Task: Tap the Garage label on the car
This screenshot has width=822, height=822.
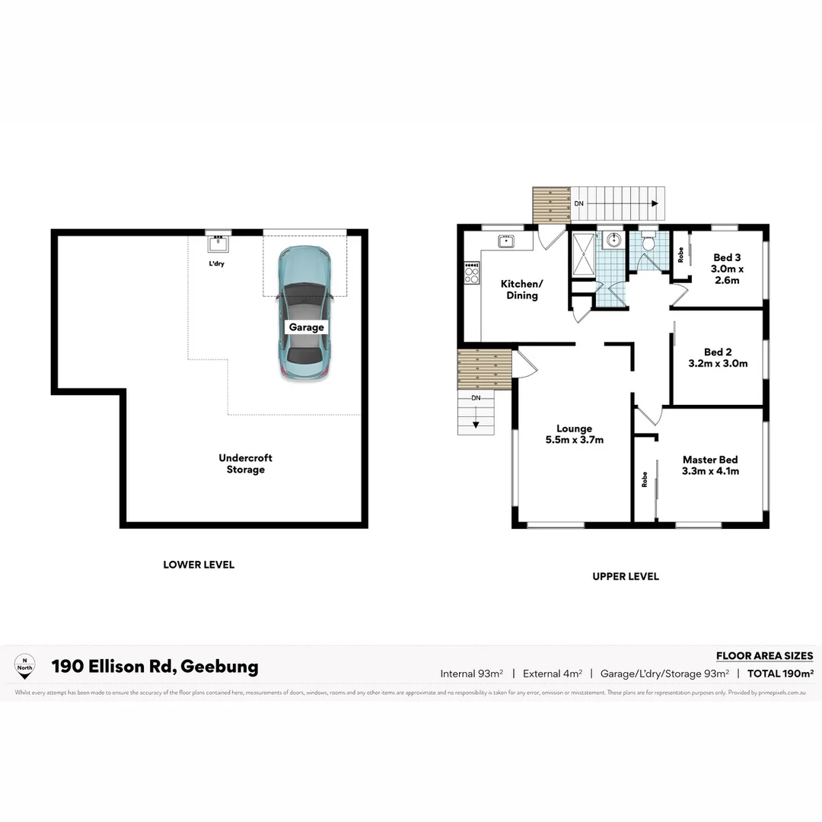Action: [x=306, y=327]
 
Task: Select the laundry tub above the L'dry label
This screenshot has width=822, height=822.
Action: [x=218, y=244]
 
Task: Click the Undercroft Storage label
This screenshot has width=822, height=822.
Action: [x=245, y=464]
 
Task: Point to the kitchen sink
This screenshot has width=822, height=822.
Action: [x=506, y=241]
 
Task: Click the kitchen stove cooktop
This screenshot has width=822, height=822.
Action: [x=472, y=272]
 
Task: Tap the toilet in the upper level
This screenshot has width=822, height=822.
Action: [x=648, y=242]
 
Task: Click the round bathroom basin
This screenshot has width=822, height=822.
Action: [x=613, y=242]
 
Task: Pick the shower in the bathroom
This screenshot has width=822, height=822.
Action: [x=585, y=256]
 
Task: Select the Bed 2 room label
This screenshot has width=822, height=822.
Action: [x=718, y=358]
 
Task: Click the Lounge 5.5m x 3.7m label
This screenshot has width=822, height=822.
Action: [x=574, y=434]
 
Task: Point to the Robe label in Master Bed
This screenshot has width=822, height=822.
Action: [x=644, y=479]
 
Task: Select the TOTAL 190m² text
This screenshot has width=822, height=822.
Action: [x=780, y=674]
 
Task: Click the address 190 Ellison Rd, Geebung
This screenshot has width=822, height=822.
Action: [x=155, y=667]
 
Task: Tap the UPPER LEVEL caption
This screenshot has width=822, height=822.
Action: [x=626, y=576]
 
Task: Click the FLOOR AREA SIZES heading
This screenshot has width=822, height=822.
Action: [x=764, y=655]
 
